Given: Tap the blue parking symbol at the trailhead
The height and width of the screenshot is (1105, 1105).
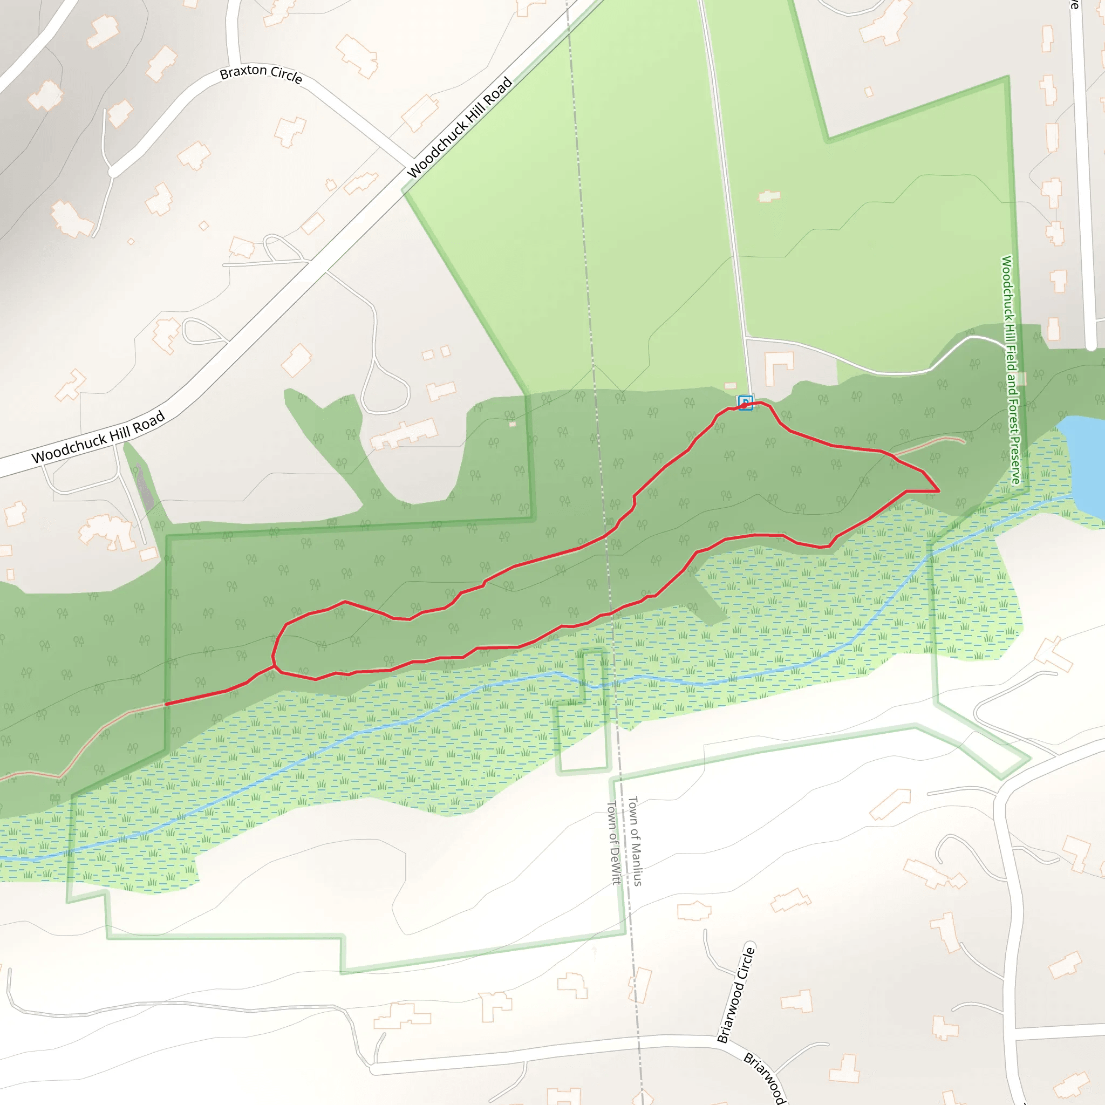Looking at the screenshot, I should tap(745, 403).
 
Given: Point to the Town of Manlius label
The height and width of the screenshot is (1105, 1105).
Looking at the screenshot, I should tap(636, 841).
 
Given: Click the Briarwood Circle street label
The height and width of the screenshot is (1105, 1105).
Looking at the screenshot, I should tap(736, 994).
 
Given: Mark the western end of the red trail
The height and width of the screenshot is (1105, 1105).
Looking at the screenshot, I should tap(166, 704).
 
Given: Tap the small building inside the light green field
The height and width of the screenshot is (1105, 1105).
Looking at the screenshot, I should tap(769, 196).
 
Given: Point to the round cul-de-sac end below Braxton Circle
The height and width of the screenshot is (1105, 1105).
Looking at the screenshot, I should tap(113, 171).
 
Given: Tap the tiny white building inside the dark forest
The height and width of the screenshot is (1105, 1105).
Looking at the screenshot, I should tap(513, 425).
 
